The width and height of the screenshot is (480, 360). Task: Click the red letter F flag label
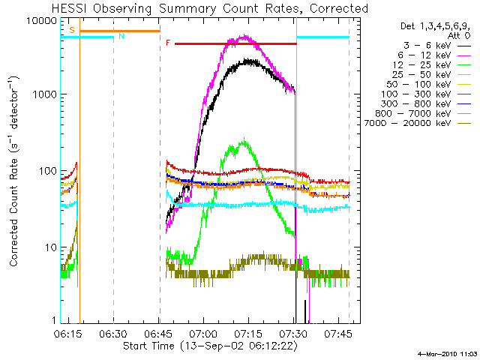[168, 43]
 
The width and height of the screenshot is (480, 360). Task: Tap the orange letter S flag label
[72, 30]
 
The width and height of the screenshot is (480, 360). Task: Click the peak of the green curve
[244, 140]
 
